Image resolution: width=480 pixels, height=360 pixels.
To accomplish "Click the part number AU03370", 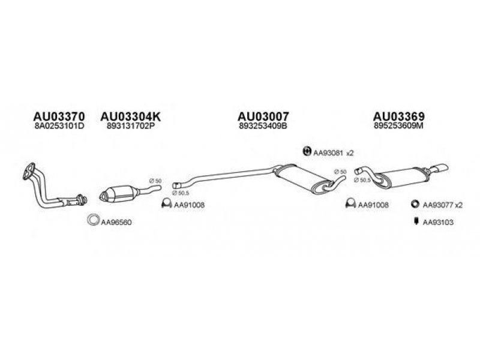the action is pos(59,116).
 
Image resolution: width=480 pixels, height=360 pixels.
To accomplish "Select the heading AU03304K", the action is pos(130,116).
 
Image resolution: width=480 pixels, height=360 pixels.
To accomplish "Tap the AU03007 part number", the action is pos(263,116).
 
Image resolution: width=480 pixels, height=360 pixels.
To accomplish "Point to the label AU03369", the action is pos(399,116).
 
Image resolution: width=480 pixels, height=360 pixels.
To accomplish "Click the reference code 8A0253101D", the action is pos(59,126).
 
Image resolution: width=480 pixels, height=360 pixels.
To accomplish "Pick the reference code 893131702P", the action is pos(130,126).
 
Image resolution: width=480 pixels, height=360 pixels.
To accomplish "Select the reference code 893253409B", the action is pos(263,126).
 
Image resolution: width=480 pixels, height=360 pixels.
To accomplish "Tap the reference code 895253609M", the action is pos(398,126).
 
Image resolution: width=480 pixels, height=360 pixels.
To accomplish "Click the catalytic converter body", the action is pos(119,193).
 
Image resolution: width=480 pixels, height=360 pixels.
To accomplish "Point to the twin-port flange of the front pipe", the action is pos(28,171).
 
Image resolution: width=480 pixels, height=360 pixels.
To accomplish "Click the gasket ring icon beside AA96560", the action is pos(93,220).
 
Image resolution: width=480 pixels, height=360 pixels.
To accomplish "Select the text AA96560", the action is pos(116,222).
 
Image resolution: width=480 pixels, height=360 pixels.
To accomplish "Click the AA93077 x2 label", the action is pos(443,205).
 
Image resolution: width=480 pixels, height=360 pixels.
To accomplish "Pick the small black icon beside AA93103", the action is pos(416,221).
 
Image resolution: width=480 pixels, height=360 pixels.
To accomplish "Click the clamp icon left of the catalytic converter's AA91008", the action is pos(167,203).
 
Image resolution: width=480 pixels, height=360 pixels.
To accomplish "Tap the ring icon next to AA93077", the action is pos(415,204).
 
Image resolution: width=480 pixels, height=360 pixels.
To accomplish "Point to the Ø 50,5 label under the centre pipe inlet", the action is pos(181,193).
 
